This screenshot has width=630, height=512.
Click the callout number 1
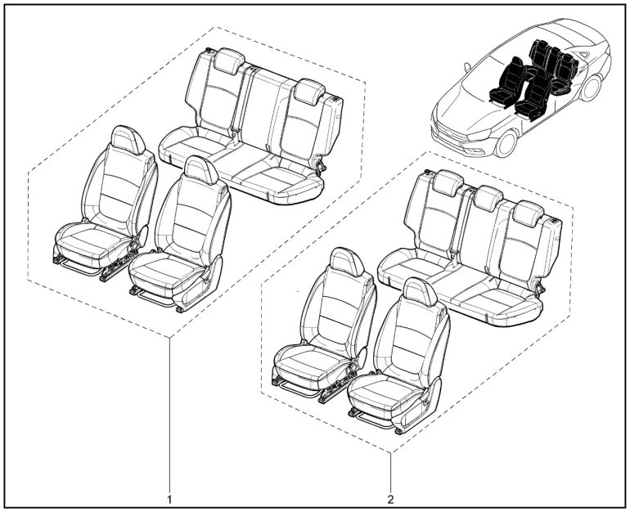pos(169,499)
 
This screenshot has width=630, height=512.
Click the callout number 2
pos(390,499)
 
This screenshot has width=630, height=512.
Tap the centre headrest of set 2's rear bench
pos(488,198)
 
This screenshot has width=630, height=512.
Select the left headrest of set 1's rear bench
pos(229,61)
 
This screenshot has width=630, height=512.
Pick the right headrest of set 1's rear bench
pos(309,91)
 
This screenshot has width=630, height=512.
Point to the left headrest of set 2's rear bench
pos(449,182)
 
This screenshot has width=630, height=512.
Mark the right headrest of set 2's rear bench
pos(529,213)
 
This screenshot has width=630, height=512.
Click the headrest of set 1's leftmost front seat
pos(128,139)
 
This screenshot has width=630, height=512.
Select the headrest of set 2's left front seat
pos(346,263)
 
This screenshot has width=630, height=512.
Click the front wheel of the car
pos(506,144)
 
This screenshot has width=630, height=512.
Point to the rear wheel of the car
pos(591,88)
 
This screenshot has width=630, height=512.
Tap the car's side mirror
pos(467,67)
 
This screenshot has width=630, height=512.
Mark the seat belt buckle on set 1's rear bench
pos(234,132)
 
